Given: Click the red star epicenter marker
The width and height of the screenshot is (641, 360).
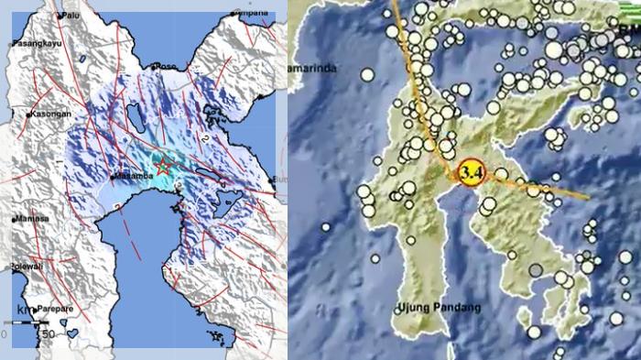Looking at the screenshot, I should click(x=163, y=167).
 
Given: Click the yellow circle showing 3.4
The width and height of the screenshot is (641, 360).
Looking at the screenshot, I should click(x=472, y=171).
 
